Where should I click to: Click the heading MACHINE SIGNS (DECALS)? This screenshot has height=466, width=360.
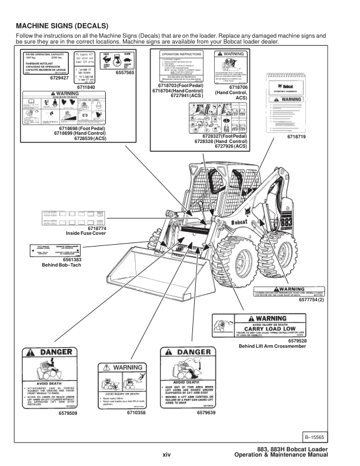click(x=62, y=26)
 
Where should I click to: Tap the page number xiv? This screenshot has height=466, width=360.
click(x=166, y=454)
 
